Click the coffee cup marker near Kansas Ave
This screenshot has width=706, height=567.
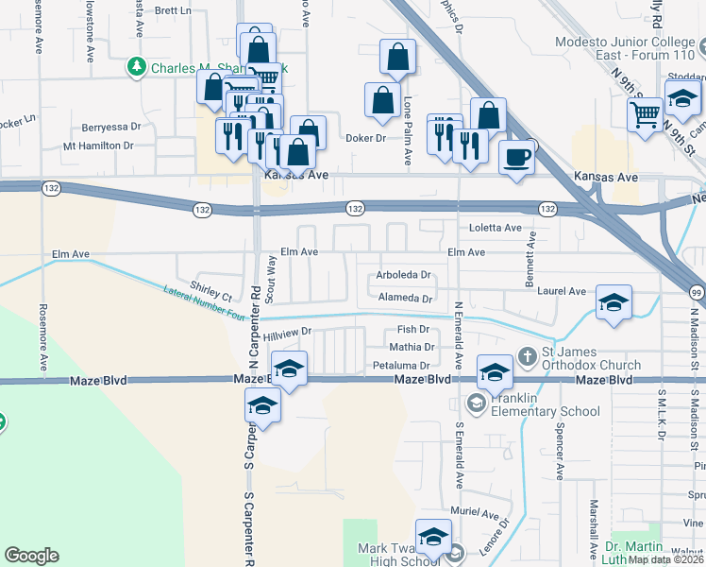click(516, 156)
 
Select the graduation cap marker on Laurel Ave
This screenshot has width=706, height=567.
click(614, 303)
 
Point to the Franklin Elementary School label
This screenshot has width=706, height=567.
click(545, 404)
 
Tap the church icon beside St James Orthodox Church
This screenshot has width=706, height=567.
click(528, 357)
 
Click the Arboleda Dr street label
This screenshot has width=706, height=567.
click(403, 275)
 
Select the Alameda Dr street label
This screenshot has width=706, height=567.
click(405, 298)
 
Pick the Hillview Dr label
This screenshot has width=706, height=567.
click(287, 334)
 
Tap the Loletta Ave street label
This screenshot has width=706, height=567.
click(496, 228)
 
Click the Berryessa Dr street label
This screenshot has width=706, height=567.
click(111, 126)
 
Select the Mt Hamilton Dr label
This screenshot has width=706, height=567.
click(98, 146)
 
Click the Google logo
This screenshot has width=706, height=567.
click(31, 555)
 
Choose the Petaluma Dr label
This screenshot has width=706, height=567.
click(401, 365)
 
